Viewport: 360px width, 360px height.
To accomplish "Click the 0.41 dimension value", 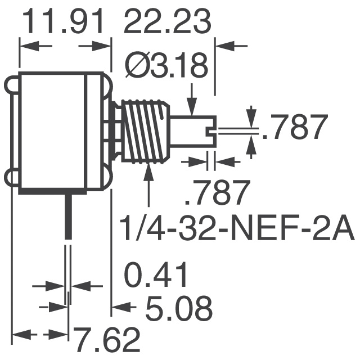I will coord(155,277).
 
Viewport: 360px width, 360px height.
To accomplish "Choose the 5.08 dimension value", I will coord(179,309).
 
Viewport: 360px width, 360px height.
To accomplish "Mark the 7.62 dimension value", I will coord(106,340).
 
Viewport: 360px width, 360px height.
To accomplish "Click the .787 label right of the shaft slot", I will coord(296,128).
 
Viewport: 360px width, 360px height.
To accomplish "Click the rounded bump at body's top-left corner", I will coord(14,85).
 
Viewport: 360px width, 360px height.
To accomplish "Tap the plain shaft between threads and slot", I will coord(186,130).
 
